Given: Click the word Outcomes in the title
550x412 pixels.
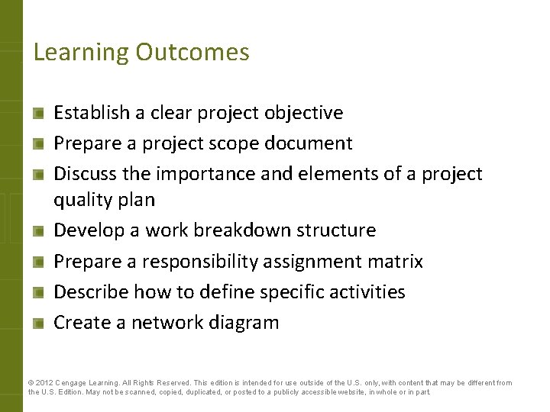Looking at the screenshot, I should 192,52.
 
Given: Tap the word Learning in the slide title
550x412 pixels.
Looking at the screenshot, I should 82,53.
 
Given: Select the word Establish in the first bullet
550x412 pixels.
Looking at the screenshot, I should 91,113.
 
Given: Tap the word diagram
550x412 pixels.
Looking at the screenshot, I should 242,323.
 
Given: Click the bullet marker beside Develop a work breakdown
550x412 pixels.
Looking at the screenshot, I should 37,231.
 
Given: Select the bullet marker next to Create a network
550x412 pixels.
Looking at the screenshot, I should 37,323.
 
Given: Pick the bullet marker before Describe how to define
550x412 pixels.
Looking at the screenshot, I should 37,292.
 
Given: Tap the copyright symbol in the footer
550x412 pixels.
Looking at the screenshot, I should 31,383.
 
